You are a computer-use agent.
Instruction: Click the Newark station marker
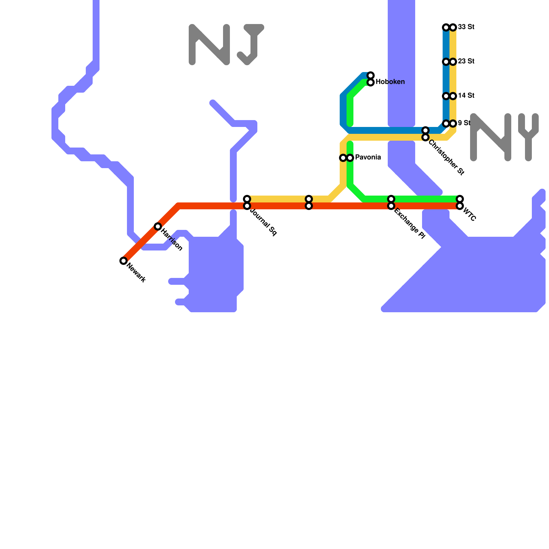(124, 261)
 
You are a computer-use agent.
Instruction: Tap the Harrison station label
(172, 240)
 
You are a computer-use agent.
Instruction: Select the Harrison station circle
(158, 226)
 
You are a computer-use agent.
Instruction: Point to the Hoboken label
(390, 82)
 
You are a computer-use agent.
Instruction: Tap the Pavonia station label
(368, 157)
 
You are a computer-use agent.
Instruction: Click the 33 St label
(466, 27)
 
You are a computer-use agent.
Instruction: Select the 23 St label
(466, 61)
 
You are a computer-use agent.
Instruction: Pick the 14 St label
(466, 96)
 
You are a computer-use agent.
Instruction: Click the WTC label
(469, 215)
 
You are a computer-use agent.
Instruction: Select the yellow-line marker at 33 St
(453, 27)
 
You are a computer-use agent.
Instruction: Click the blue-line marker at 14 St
(446, 96)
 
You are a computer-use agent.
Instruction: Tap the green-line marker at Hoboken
(371, 82)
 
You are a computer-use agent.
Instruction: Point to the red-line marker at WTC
(460, 206)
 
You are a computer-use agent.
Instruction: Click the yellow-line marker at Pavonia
(343, 158)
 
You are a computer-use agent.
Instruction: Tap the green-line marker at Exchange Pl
(391, 199)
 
